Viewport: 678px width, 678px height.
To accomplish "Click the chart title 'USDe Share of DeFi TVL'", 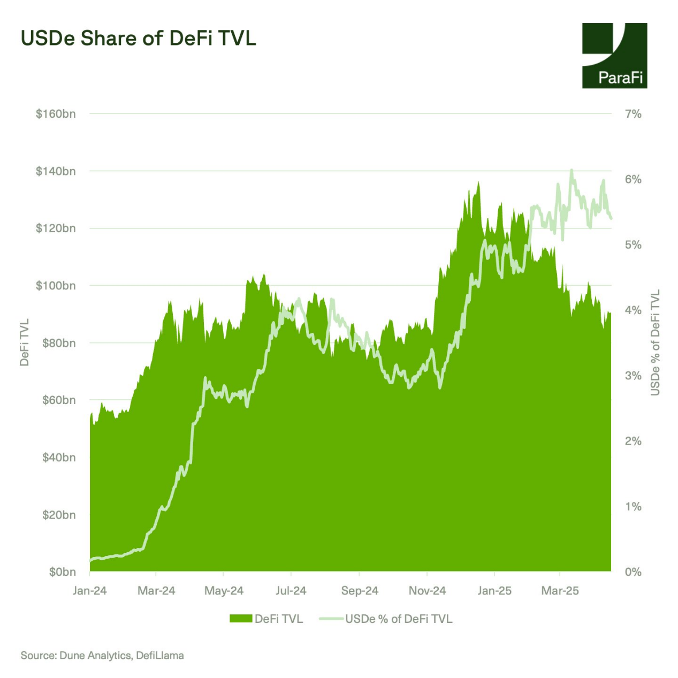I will (138, 39).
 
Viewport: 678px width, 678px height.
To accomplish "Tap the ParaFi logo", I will (614, 56).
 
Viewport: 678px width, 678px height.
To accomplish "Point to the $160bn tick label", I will (56, 114).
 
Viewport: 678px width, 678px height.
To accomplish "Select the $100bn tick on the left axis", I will (56, 286).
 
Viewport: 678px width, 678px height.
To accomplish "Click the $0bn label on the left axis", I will (62, 572).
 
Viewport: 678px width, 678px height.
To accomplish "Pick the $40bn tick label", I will (59, 458).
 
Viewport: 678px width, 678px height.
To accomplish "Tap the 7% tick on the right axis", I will (633, 114).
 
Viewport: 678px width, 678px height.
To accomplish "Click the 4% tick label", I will (633, 310).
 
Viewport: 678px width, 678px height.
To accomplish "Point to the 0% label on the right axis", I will (633, 572).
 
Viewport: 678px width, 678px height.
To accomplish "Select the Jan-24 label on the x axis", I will (90, 591).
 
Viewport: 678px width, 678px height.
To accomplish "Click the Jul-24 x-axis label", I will (291, 591).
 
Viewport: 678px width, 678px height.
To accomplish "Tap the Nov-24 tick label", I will (427, 591).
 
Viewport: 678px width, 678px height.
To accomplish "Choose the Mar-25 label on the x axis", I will (560, 591).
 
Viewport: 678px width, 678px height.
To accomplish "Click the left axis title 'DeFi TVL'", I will (24, 342).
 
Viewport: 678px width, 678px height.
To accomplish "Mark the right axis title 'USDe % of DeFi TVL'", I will (656, 342).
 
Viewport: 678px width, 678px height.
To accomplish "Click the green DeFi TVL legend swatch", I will (241, 619).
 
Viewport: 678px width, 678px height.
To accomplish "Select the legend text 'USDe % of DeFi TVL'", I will (399, 619).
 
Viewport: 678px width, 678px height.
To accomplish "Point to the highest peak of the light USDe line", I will (572, 170).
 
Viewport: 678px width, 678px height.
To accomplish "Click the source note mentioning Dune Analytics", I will (102, 656).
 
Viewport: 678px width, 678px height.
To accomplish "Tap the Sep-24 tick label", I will (360, 591).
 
